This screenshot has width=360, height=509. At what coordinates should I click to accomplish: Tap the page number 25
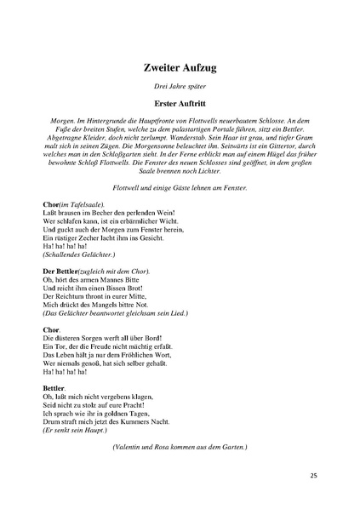point(314,475)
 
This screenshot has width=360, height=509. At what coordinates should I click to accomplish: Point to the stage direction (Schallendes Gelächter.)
point(79,254)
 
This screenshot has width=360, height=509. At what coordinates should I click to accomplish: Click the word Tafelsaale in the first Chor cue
point(83,205)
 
